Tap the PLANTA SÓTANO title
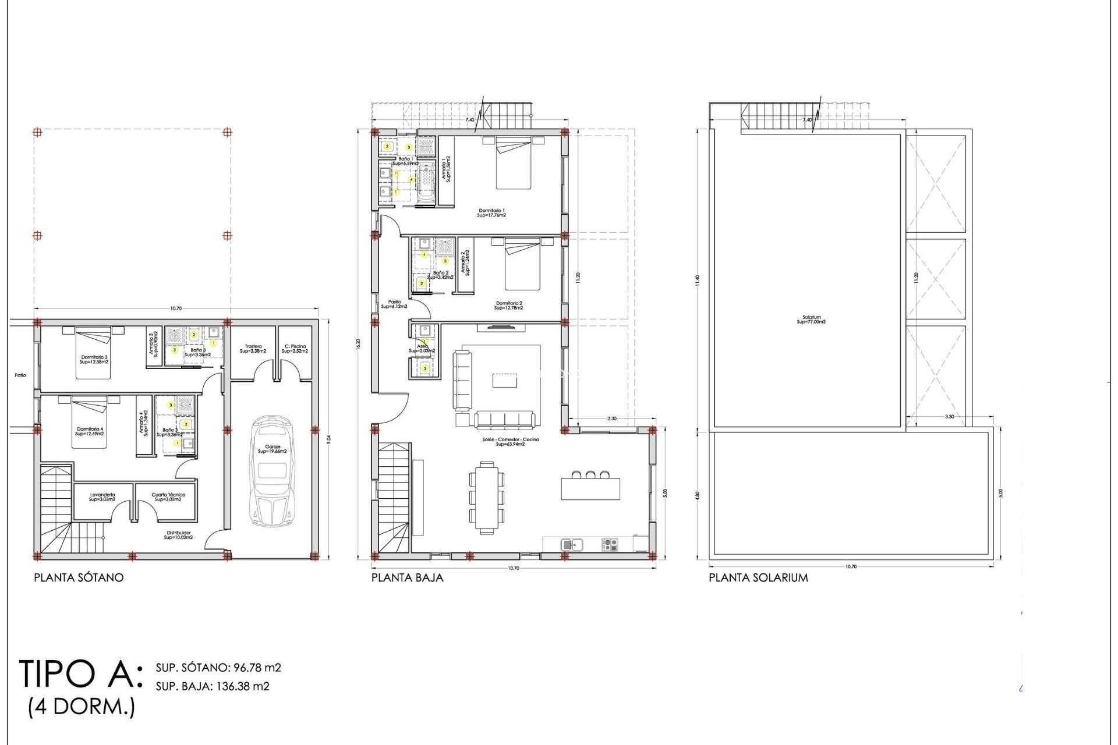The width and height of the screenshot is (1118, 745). tap(79, 578)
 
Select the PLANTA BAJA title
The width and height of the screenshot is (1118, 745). tap(407, 578)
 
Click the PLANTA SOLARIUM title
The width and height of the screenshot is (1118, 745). tap(758, 578)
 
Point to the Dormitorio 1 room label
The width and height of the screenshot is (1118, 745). tap(491, 212)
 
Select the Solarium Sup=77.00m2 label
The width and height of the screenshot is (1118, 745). tap(811, 320)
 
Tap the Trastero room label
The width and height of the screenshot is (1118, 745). tap(253, 349)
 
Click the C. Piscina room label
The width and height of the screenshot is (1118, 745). tap(295, 349)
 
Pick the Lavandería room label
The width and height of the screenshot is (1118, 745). tap(102, 497)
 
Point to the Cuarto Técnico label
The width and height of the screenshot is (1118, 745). tap(168, 497)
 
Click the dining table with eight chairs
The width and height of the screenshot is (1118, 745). tap(487, 497)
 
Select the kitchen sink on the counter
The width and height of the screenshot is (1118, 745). tap(571, 545)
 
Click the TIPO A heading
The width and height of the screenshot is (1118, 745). tap(80, 674)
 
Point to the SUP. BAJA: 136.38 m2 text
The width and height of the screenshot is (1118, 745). tap(213, 686)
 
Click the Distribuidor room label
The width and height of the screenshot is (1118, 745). tap(178, 534)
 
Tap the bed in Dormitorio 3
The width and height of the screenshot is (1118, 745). tap(93, 353)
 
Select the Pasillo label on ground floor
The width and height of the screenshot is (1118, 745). tap(394, 304)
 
